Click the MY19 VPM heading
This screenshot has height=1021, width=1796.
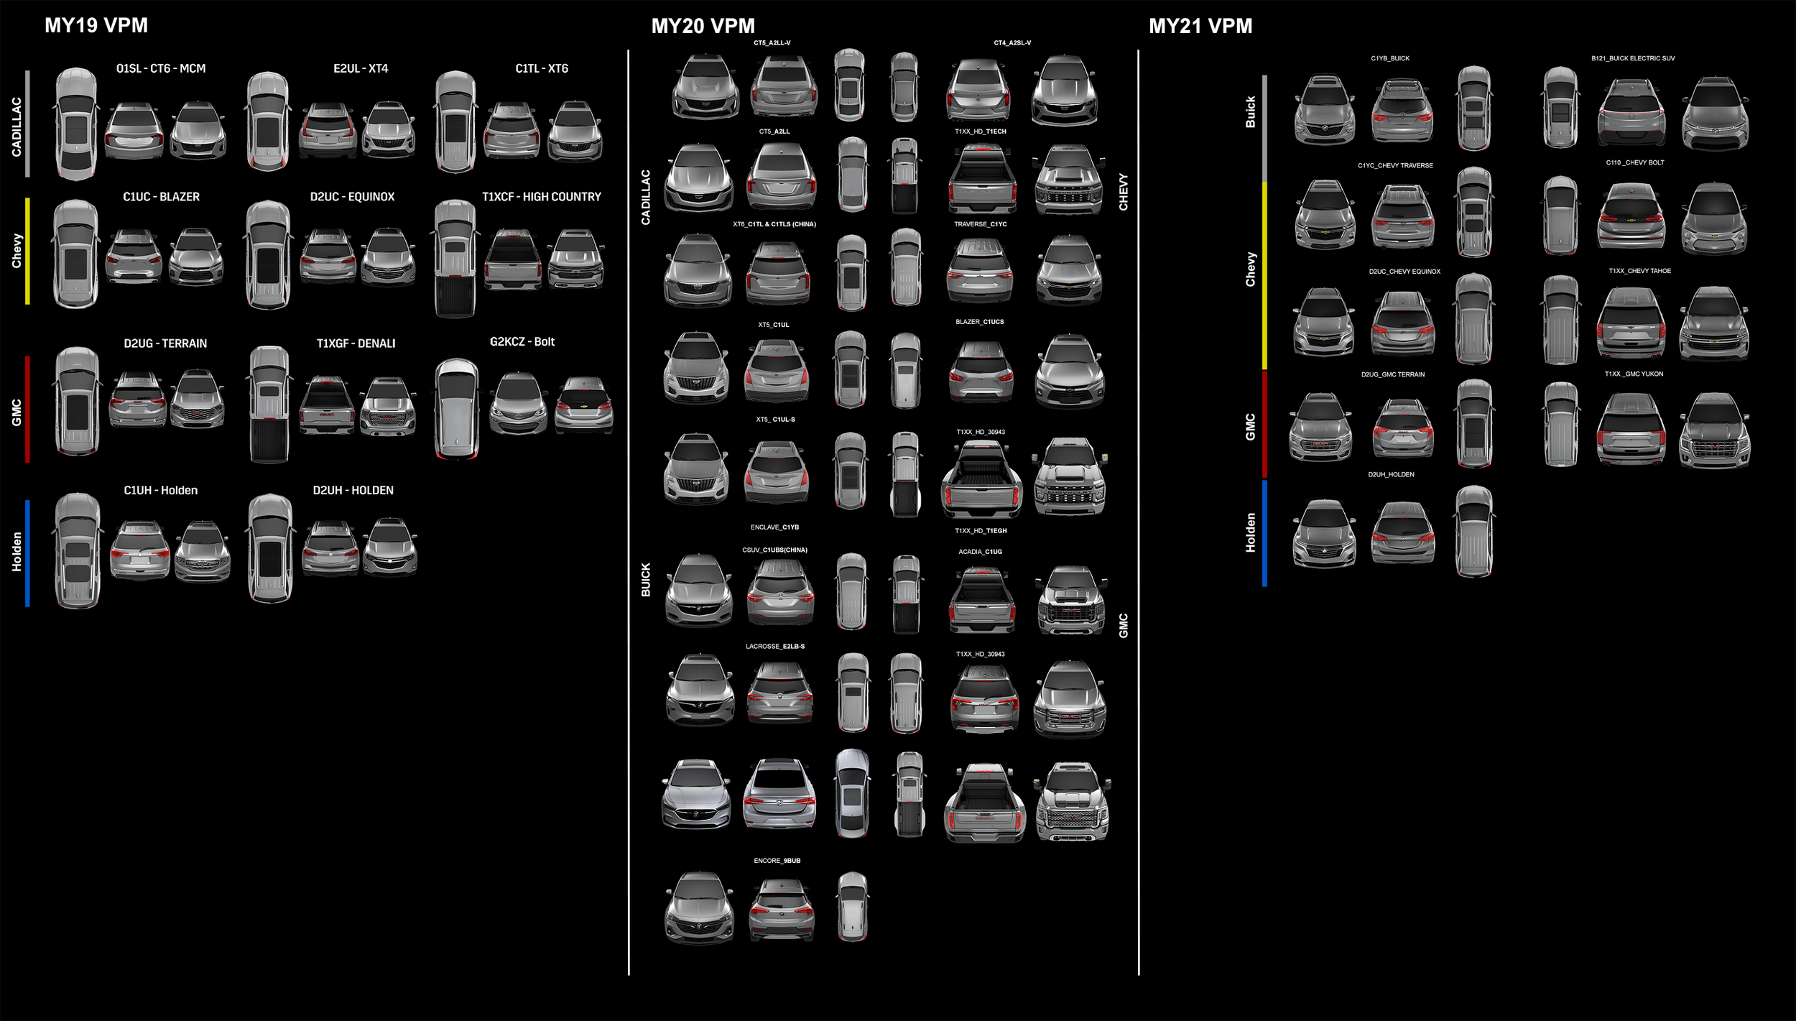96,25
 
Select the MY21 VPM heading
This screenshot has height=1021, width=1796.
1200,26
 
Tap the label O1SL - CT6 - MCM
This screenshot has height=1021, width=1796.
161,69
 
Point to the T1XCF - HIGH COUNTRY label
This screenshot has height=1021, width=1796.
541,197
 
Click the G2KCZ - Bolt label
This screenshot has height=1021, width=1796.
522,342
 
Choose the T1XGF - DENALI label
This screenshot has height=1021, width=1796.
356,343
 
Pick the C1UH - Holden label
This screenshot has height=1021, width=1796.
160,490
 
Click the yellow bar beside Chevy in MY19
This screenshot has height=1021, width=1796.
27,251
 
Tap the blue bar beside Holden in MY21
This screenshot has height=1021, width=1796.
1264,533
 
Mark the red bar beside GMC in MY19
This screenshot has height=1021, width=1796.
27,409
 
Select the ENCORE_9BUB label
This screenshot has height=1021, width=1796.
777,861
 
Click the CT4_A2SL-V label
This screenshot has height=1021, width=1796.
1012,43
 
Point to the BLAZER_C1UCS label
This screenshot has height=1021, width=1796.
979,322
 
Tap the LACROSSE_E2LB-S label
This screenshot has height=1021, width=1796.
774,647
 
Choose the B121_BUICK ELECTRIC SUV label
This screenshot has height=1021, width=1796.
1632,59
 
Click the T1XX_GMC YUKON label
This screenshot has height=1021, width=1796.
1634,374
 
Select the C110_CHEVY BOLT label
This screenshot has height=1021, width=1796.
1635,163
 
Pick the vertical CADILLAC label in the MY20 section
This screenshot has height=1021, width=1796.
645,198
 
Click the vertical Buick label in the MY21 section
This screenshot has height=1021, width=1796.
1250,112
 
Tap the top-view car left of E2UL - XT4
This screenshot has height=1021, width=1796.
268,121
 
